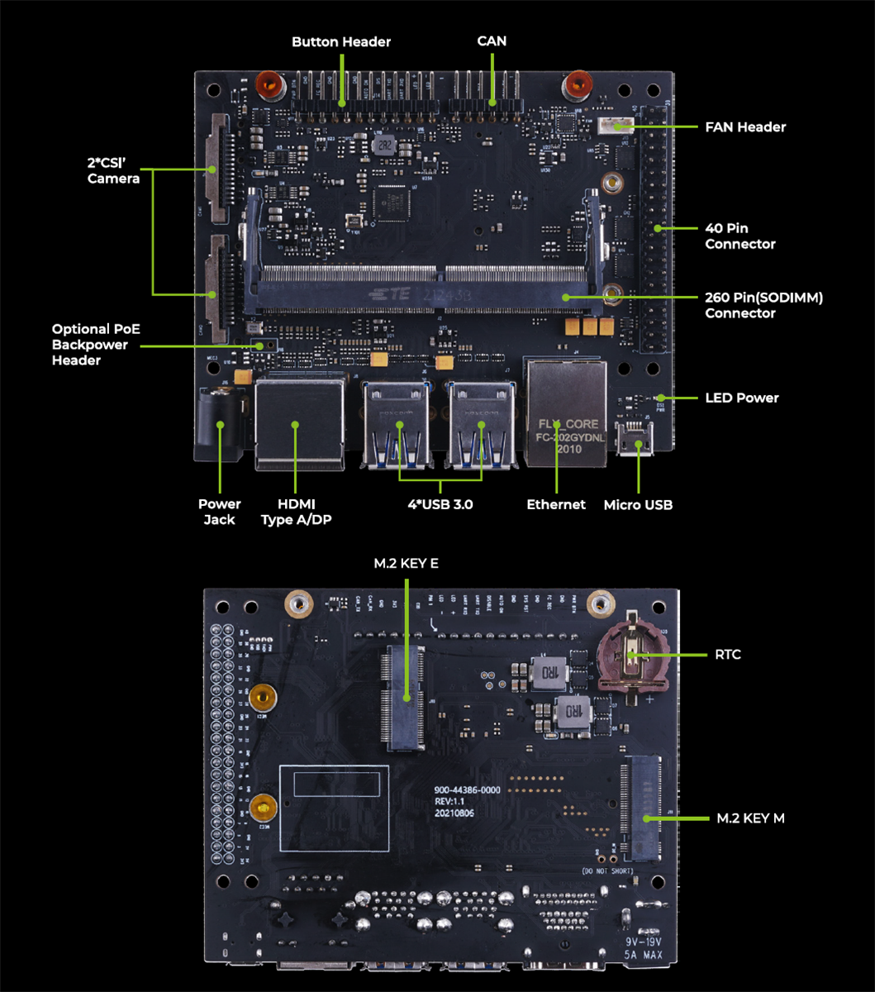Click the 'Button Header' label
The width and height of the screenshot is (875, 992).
[341, 41]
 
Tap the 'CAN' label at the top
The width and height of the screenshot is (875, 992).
[492, 41]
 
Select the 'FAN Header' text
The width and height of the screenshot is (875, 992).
[744, 127]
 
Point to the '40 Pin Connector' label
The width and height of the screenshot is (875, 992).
[739, 236]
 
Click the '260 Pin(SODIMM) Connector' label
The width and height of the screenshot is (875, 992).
[763, 305]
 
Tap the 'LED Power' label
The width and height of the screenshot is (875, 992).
[741, 398]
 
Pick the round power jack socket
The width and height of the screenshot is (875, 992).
[220, 423]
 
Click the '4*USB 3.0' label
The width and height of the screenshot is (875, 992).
[440, 504]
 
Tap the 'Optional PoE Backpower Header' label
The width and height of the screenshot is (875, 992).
[96, 345]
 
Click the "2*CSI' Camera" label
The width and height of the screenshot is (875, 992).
[113, 170]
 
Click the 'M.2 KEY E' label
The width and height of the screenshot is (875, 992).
[406, 564]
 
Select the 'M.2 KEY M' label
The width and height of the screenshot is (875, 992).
[750, 818]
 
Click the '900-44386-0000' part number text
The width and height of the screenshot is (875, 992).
[467, 789]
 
